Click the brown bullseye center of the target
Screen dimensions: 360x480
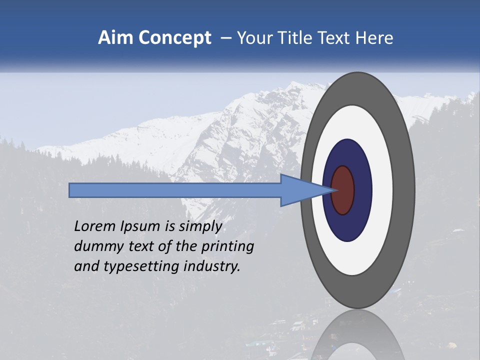343,190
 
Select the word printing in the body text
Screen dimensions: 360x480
227,247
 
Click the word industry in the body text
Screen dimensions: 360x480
212,267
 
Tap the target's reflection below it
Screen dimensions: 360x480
357,335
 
